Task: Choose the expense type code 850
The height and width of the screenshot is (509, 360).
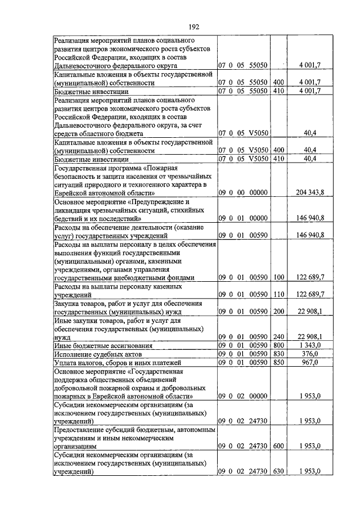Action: (x=279, y=363)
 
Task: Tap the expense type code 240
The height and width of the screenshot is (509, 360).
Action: (x=279, y=336)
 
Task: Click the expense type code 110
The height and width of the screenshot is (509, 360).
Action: (x=279, y=294)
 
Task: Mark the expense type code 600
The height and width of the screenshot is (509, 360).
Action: (x=279, y=446)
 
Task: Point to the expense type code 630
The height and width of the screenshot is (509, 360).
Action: (x=279, y=471)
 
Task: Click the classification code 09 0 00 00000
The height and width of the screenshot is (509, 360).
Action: (x=242, y=192)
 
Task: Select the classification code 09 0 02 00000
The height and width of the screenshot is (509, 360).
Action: (x=242, y=396)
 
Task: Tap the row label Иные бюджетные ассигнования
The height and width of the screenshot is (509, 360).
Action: (x=101, y=345)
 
